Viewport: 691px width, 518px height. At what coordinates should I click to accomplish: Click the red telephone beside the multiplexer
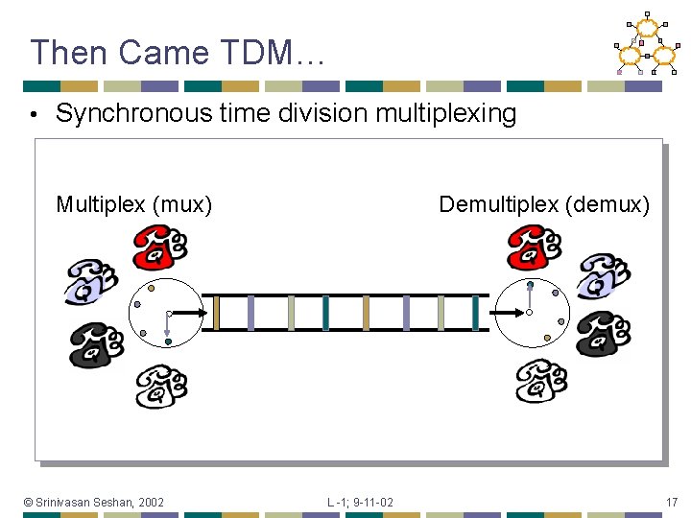point(159,247)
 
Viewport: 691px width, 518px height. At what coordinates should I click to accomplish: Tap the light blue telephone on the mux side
point(91,280)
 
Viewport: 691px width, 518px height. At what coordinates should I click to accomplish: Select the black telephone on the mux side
point(96,344)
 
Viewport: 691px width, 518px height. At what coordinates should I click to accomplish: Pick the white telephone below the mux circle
point(160,386)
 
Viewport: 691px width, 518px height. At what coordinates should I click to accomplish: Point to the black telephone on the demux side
point(603,334)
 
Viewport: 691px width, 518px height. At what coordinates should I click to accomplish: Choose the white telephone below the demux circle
point(541,381)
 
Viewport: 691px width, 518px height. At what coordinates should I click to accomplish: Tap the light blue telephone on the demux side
point(603,277)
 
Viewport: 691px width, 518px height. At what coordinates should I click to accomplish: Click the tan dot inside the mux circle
point(151,287)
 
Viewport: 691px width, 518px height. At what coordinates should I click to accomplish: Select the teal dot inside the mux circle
point(167,341)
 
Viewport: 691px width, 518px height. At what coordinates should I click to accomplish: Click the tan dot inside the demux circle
point(547,338)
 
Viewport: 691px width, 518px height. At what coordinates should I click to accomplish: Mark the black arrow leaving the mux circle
point(187,313)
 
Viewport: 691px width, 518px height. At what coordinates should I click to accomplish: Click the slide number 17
point(671,502)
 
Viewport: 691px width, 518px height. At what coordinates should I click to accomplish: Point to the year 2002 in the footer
point(150,502)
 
